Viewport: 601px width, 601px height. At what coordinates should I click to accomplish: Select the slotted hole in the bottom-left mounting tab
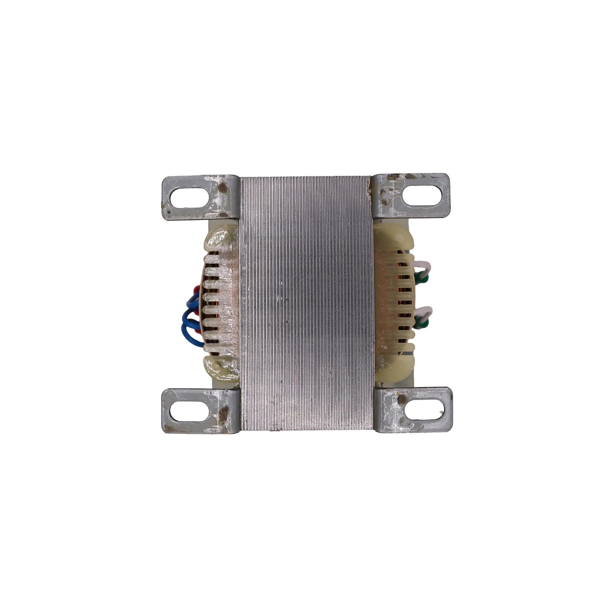click(x=189, y=412)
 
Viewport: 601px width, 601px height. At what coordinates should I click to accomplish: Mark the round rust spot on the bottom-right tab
click(x=402, y=399)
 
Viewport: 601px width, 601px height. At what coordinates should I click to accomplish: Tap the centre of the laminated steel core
click(x=306, y=303)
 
